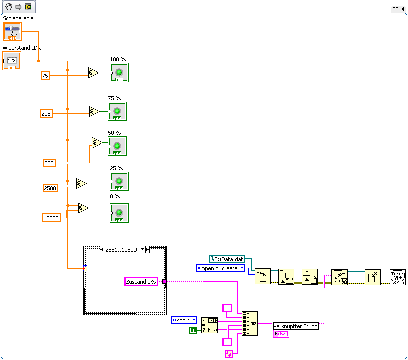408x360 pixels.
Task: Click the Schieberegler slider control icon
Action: [x=13, y=31]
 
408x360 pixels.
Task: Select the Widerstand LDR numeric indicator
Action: [x=12, y=61]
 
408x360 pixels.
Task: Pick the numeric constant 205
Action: [x=46, y=114]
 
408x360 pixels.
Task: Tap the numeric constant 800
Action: [x=49, y=163]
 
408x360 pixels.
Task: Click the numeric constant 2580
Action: [x=51, y=188]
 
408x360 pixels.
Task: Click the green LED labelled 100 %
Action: [x=119, y=73]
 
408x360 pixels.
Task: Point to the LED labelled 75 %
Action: [x=117, y=111]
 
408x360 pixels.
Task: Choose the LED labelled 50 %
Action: [x=117, y=146]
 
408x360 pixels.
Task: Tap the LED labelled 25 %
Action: [x=119, y=181]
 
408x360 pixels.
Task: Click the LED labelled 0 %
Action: [x=119, y=212]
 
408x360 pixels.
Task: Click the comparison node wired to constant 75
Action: [x=93, y=73]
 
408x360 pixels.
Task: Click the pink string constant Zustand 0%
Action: [x=141, y=282]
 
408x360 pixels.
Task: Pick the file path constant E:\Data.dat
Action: [x=227, y=259]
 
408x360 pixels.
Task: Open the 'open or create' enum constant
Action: [x=220, y=268]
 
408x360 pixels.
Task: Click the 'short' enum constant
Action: [x=184, y=320]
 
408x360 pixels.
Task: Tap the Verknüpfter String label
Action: [x=296, y=326]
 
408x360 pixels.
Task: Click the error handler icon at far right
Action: [x=397, y=277]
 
